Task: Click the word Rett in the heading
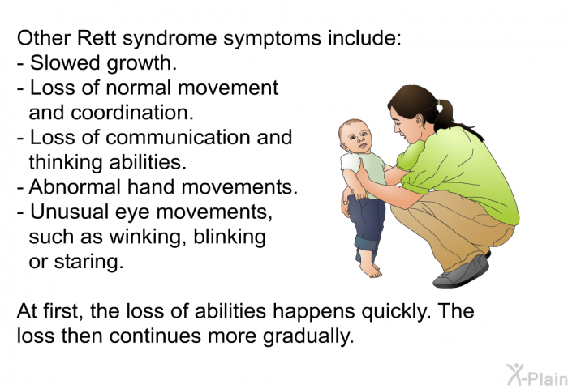tap(97, 37)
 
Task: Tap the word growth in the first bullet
tap(142, 64)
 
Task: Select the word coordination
tap(132, 113)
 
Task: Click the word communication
tap(178, 138)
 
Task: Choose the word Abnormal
tap(75, 187)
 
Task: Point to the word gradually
tap(308, 336)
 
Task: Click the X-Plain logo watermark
tap(537, 375)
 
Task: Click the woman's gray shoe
tap(462, 272)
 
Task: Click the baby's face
tap(359, 139)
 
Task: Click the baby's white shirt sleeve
tap(349, 163)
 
